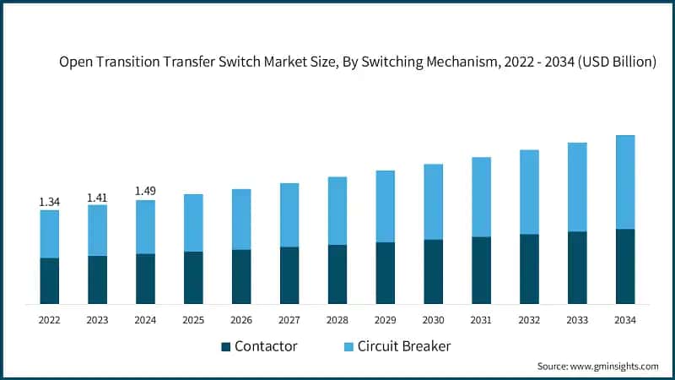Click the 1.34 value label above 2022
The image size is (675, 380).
click(x=49, y=202)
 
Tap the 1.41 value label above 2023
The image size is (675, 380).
click(x=97, y=197)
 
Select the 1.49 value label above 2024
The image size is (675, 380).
click(x=145, y=191)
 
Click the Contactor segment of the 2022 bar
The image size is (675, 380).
click(x=49, y=280)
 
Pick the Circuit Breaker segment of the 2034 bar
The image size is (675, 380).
click(x=625, y=182)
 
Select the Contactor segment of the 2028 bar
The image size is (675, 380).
click(x=337, y=274)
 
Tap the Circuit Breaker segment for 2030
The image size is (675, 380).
click(x=434, y=201)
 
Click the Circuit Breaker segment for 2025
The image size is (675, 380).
click(x=193, y=222)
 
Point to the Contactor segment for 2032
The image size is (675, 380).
click(x=529, y=269)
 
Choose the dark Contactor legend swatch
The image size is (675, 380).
click(x=225, y=347)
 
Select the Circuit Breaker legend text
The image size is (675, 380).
click(x=404, y=346)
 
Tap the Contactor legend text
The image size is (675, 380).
click(x=266, y=346)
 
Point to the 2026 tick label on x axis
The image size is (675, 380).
click(x=241, y=320)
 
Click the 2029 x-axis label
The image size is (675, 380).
click(x=386, y=320)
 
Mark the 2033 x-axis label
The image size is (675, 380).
click(x=577, y=320)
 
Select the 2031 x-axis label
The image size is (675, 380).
click(x=481, y=320)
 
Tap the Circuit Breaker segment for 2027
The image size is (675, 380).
click(x=289, y=214)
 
